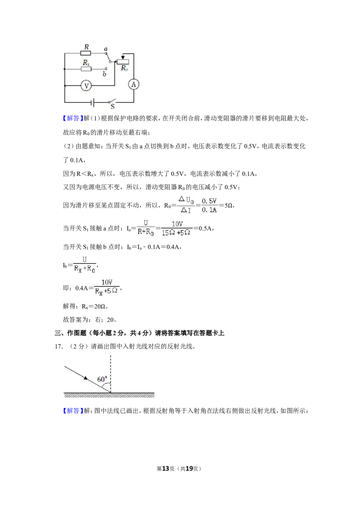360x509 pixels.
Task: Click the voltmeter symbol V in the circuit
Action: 86,86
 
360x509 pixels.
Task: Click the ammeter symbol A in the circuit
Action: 134,85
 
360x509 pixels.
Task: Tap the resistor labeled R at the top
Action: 86,53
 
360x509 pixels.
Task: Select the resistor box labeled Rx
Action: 86,69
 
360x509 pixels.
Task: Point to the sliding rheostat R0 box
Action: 123,62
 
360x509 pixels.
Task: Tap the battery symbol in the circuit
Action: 93,103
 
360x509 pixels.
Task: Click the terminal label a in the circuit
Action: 106,49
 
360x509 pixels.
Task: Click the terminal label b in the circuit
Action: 104,74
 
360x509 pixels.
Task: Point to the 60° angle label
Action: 102,379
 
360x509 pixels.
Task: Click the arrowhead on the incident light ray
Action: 85,378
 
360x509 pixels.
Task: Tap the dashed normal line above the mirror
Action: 110,374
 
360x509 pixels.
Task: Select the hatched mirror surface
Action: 109,395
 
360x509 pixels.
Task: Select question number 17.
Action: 58,346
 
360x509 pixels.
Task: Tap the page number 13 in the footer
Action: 166,469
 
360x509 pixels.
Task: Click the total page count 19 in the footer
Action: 189,469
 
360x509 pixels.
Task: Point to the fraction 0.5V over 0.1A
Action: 209,205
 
